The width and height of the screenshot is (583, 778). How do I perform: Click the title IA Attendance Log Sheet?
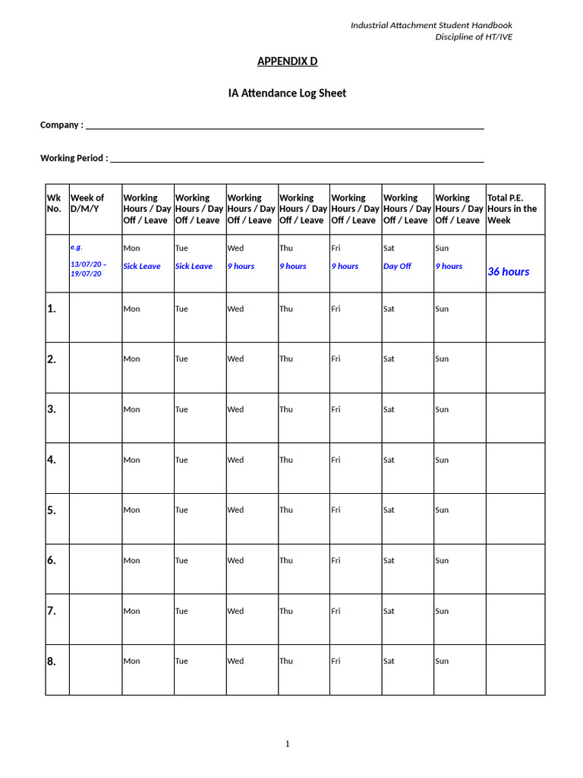click(287, 93)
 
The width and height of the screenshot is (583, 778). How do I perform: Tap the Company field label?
click(61, 125)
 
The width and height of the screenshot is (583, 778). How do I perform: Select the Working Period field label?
click(74, 158)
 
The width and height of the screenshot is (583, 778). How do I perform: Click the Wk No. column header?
click(54, 203)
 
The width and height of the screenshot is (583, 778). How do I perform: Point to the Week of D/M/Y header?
click(87, 203)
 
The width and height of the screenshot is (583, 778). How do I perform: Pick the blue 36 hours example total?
click(509, 272)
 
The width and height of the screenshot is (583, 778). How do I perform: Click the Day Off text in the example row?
click(397, 267)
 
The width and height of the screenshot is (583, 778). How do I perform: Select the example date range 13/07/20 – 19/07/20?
click(89, 269)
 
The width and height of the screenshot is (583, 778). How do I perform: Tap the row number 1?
click(52, 308)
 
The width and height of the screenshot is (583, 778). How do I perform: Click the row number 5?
click(52, 511)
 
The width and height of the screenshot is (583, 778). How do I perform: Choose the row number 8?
click(52, 662)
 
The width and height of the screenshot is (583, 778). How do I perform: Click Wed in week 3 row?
click(235, 410)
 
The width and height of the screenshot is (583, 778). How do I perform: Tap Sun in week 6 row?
click(442, 561)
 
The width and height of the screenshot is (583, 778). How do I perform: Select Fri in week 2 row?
click(336, 359)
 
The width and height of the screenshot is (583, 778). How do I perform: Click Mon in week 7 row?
click(131, 611)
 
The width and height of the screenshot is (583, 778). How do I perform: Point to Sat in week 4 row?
click(389, 460)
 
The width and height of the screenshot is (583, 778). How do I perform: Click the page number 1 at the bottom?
click(288, 744)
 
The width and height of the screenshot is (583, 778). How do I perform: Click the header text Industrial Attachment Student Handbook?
click(431, 26)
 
